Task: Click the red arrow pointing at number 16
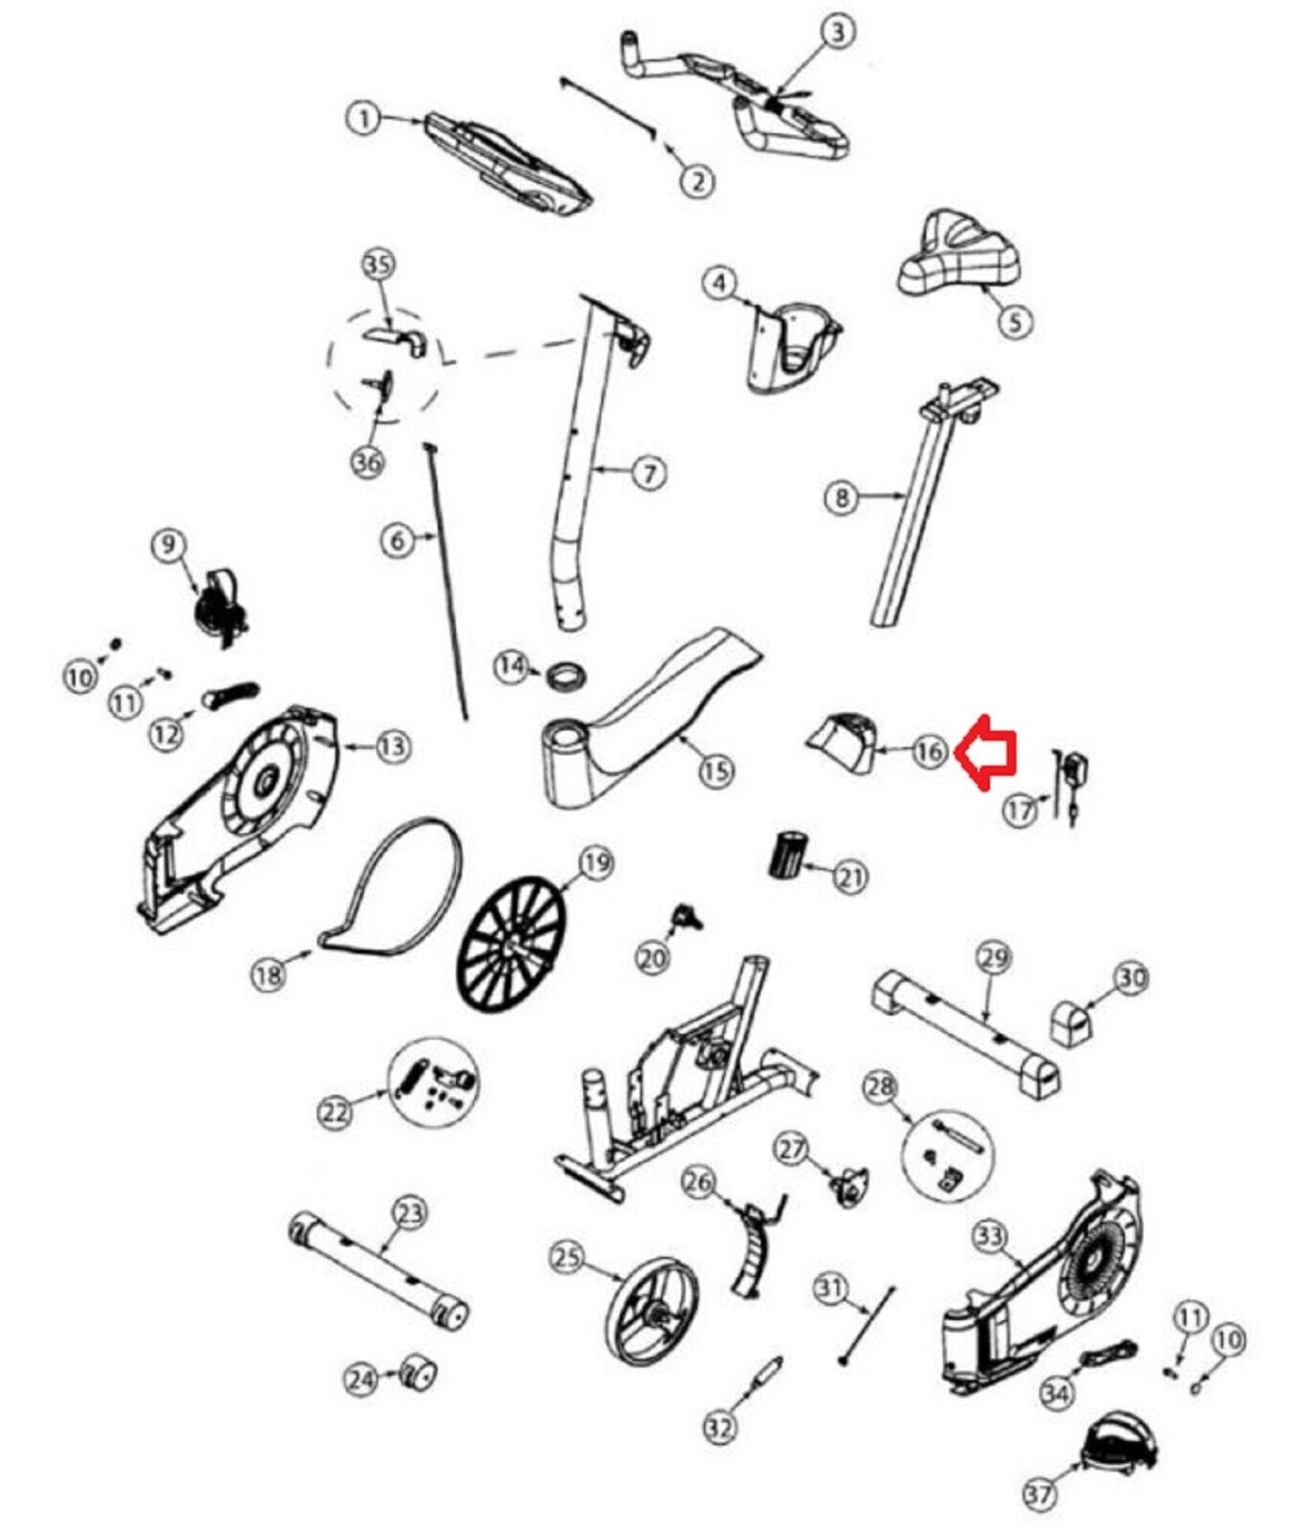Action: pyautogui.click(x=989, y=752)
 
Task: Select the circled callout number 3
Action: pyautogui.click(x=838, y=33)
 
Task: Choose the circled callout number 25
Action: pyautogui.click(x=568, y=1256)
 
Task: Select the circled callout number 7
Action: pyautogui.click(x=648, y=472)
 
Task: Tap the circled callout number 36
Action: pyautogui.click(x=368, y=462)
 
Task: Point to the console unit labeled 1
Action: pyautogui.click(x=508, y=162)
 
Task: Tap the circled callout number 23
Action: pyautogui.click(x=409, y=1214)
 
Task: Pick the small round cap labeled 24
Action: pyautogui.click(x=418, y=1374)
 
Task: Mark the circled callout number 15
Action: pyautogui.click(x=715, y=769)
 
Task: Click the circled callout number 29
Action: pyautogui.click(x=994, y=956)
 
